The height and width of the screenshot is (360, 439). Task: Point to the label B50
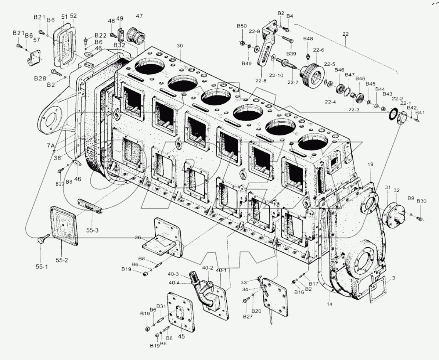[241, 26]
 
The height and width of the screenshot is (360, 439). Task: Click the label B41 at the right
[420, 113]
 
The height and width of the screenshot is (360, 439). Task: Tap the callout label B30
[421, 201]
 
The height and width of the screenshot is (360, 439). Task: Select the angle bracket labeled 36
[165, 239]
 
